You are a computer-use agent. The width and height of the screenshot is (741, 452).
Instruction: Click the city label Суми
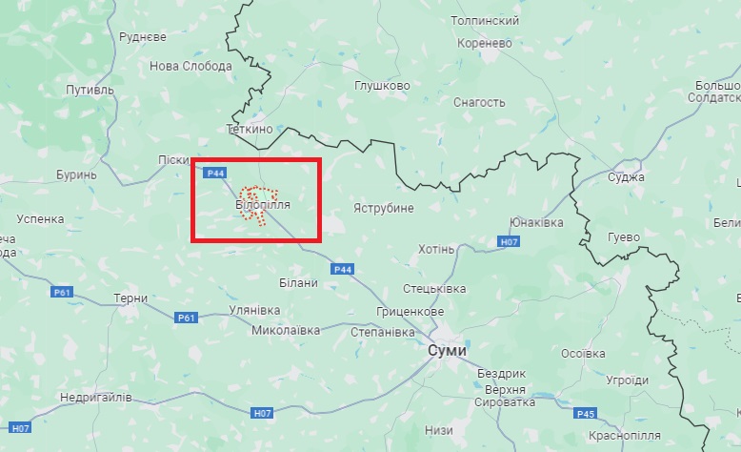tap(449, 350)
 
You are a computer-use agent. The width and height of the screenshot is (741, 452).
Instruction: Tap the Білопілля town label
tap(262, 205)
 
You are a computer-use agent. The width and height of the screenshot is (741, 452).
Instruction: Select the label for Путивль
tap(89, 90)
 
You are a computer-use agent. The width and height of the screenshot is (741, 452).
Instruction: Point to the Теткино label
tap(250, 128)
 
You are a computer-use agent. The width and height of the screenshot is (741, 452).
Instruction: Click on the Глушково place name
tap(382, 85)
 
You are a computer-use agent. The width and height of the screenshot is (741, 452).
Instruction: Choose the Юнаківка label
tap(536, 222)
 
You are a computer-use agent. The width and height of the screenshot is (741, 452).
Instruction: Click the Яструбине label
tap(383, 207)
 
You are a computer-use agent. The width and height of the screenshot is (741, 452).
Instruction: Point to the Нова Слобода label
tap(190, 66)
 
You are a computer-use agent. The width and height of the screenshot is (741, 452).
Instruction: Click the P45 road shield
tap(586, 413)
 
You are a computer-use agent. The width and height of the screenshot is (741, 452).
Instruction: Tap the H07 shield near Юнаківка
tap(510, 243)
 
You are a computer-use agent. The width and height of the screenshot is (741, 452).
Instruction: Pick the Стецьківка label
tap(434, 288)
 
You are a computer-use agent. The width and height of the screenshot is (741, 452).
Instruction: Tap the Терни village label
tap(130, 298)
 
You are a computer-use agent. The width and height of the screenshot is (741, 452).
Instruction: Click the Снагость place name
tap(480, 102)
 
